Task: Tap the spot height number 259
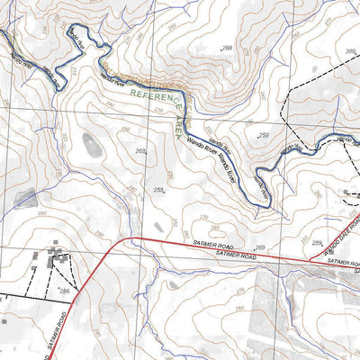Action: (x=264, y=135)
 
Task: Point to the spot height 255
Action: (x=158, y=190)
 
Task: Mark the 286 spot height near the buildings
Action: (x=64, y=292)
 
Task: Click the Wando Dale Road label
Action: (x=335, y=236)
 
